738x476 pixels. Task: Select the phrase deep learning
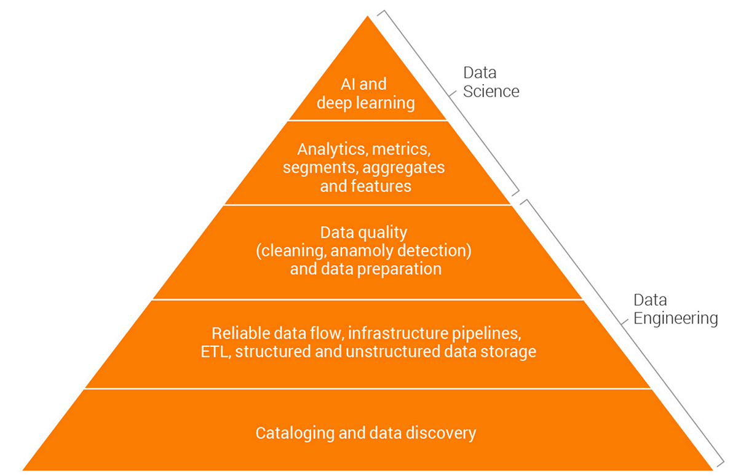coord(366,102)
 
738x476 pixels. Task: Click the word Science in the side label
coord(491,92)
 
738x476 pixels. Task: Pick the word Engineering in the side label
coord(675,319)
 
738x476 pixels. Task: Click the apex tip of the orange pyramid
coord(368,17)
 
